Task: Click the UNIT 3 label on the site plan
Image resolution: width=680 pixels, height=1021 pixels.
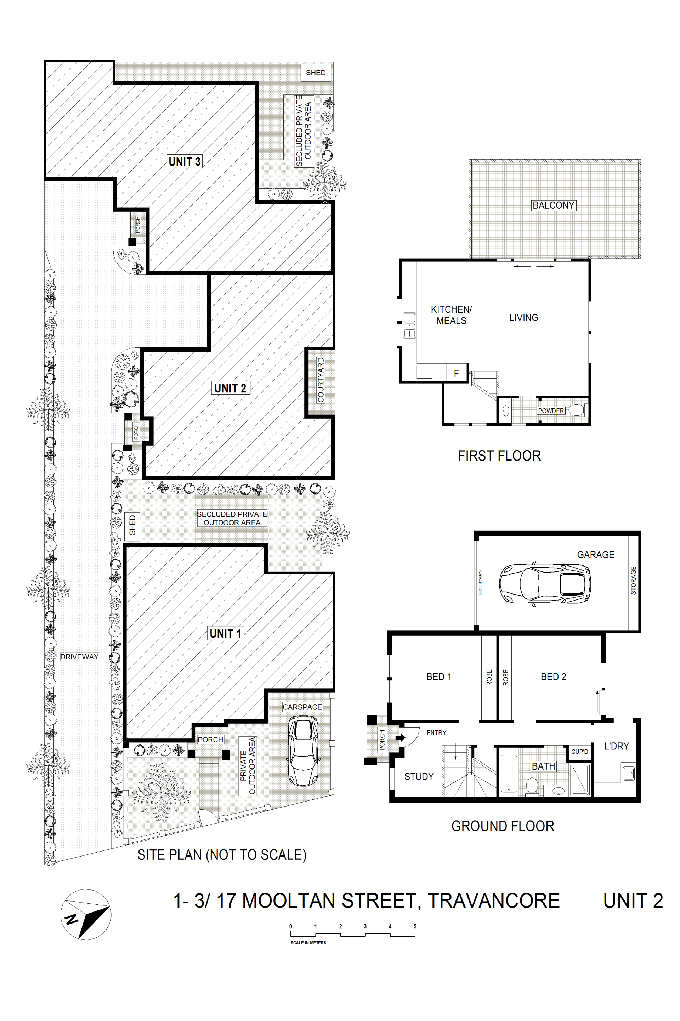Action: [x=184, y=162]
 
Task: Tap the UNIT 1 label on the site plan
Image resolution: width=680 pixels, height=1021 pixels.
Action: [x=226, y=634]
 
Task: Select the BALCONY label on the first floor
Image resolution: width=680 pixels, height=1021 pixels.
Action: [x=553, y=205]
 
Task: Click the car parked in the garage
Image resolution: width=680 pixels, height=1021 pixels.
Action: [x=545, y=584]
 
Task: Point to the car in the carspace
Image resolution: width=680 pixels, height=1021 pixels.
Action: [x=303, y=751]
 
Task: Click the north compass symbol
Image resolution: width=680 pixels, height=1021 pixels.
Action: [x=86, y=915]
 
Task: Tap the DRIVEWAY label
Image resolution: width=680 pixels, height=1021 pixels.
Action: [x=79, y=657]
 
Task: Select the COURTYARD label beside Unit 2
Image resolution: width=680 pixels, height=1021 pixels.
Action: [x=321, y=380]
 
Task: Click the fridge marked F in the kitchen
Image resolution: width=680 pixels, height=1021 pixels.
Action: [x=456, y=373]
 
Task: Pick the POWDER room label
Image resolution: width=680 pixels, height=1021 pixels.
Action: [x=551, y=411]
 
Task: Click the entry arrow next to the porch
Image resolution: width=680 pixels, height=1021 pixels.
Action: [x=400, y=737]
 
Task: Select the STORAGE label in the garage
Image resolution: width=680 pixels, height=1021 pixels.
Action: [x=633, y=580]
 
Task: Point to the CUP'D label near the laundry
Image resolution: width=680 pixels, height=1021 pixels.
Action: [x=580, y=752]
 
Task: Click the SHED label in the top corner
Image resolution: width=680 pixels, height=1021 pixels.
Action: [x=316, y=72]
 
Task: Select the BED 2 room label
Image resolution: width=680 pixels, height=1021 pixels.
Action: [x=553, y=677]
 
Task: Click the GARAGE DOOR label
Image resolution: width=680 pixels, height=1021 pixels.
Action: [x=480, y=582]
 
